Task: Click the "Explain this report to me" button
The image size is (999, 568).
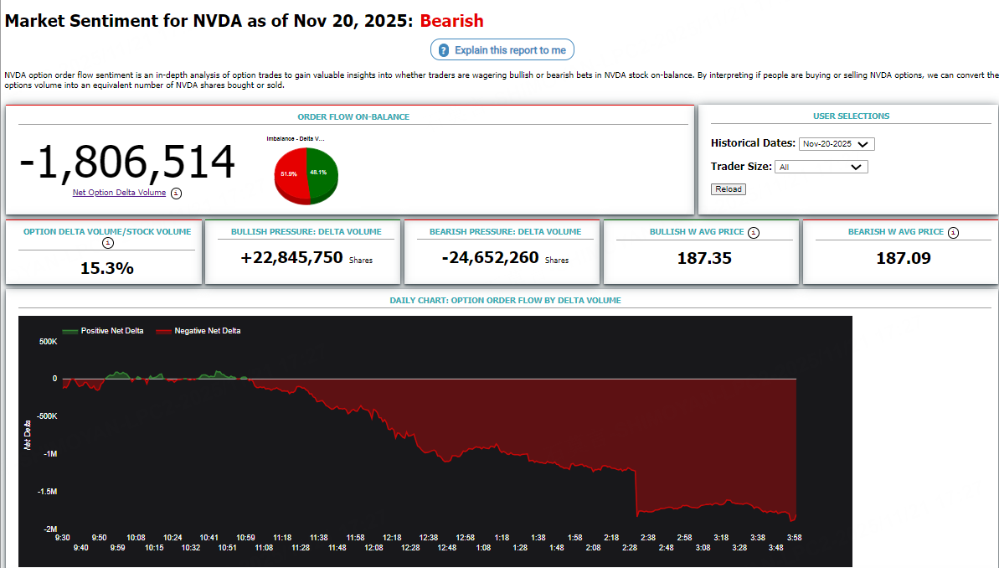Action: point(502,50)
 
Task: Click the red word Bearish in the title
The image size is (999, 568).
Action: point(451,20)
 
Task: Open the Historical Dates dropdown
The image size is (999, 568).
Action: point(837,144)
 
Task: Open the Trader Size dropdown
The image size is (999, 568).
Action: point(821,167)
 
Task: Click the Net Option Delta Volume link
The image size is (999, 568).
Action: point(119,193)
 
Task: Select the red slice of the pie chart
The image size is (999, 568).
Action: point(290,176)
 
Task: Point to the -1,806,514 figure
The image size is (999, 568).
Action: point(127,162)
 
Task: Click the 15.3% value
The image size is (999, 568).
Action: point(107,268)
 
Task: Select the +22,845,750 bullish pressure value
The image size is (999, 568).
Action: point(291,258)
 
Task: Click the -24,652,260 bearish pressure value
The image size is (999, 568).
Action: point(490,258)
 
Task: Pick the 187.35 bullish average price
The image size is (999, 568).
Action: point(704,258)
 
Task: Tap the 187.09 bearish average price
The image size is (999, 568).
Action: point(904,258)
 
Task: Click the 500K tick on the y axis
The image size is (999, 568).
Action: point(48,342)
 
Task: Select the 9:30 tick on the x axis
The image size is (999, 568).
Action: point(62,538)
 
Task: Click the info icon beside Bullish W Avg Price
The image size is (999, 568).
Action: point(754,232)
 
